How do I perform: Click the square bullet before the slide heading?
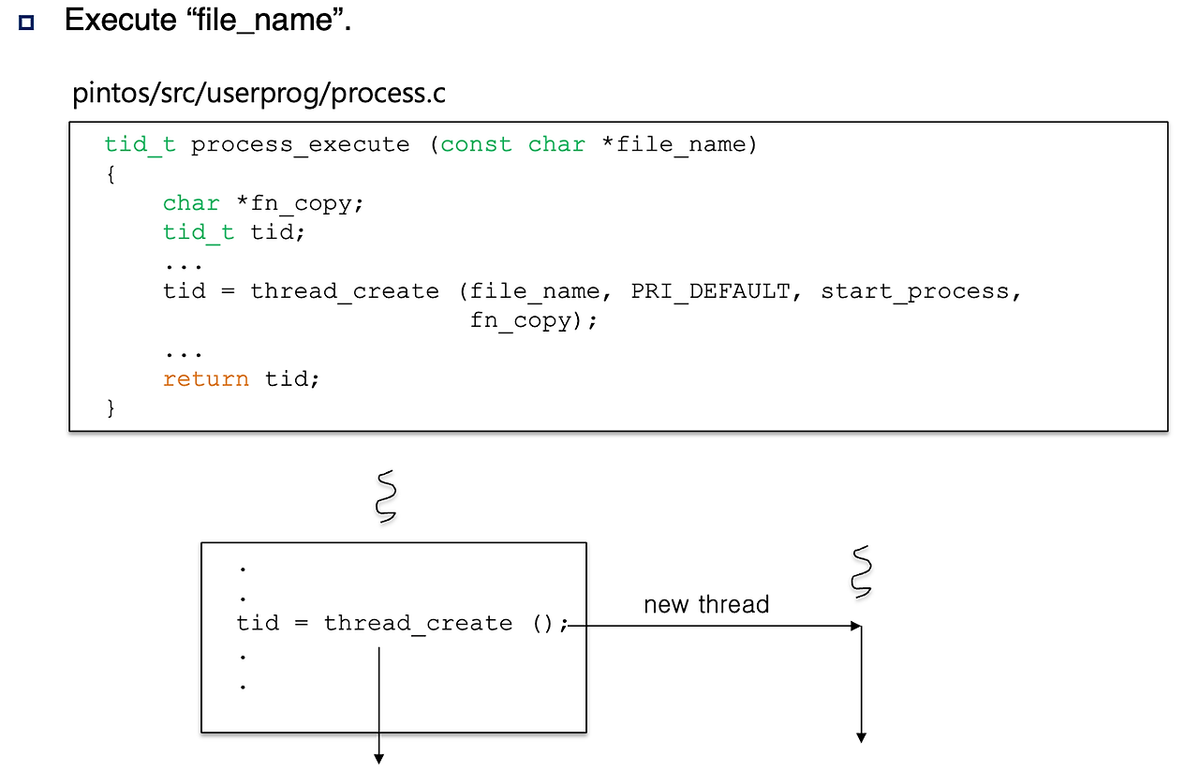tap(25, 22)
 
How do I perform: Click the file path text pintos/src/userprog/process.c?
tap(259, 95)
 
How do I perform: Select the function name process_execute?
tap(300, 145)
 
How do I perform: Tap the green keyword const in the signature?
tap(476, 145)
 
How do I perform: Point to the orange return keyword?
tap(205, 379)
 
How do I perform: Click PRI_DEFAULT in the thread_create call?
tap(710, 291)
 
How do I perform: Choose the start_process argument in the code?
tap(915, 291)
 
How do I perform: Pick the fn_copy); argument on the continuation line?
tap(533, 321)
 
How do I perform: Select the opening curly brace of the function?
tap(111, 174)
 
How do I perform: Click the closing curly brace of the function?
tap(111, 407)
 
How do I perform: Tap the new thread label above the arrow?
tap(706, 605)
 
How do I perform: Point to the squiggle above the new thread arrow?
tap(861, 571)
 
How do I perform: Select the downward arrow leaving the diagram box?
tap(379, 702)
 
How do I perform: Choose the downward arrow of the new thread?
tap(861, 684)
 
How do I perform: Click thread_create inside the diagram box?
tap(418, 624)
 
